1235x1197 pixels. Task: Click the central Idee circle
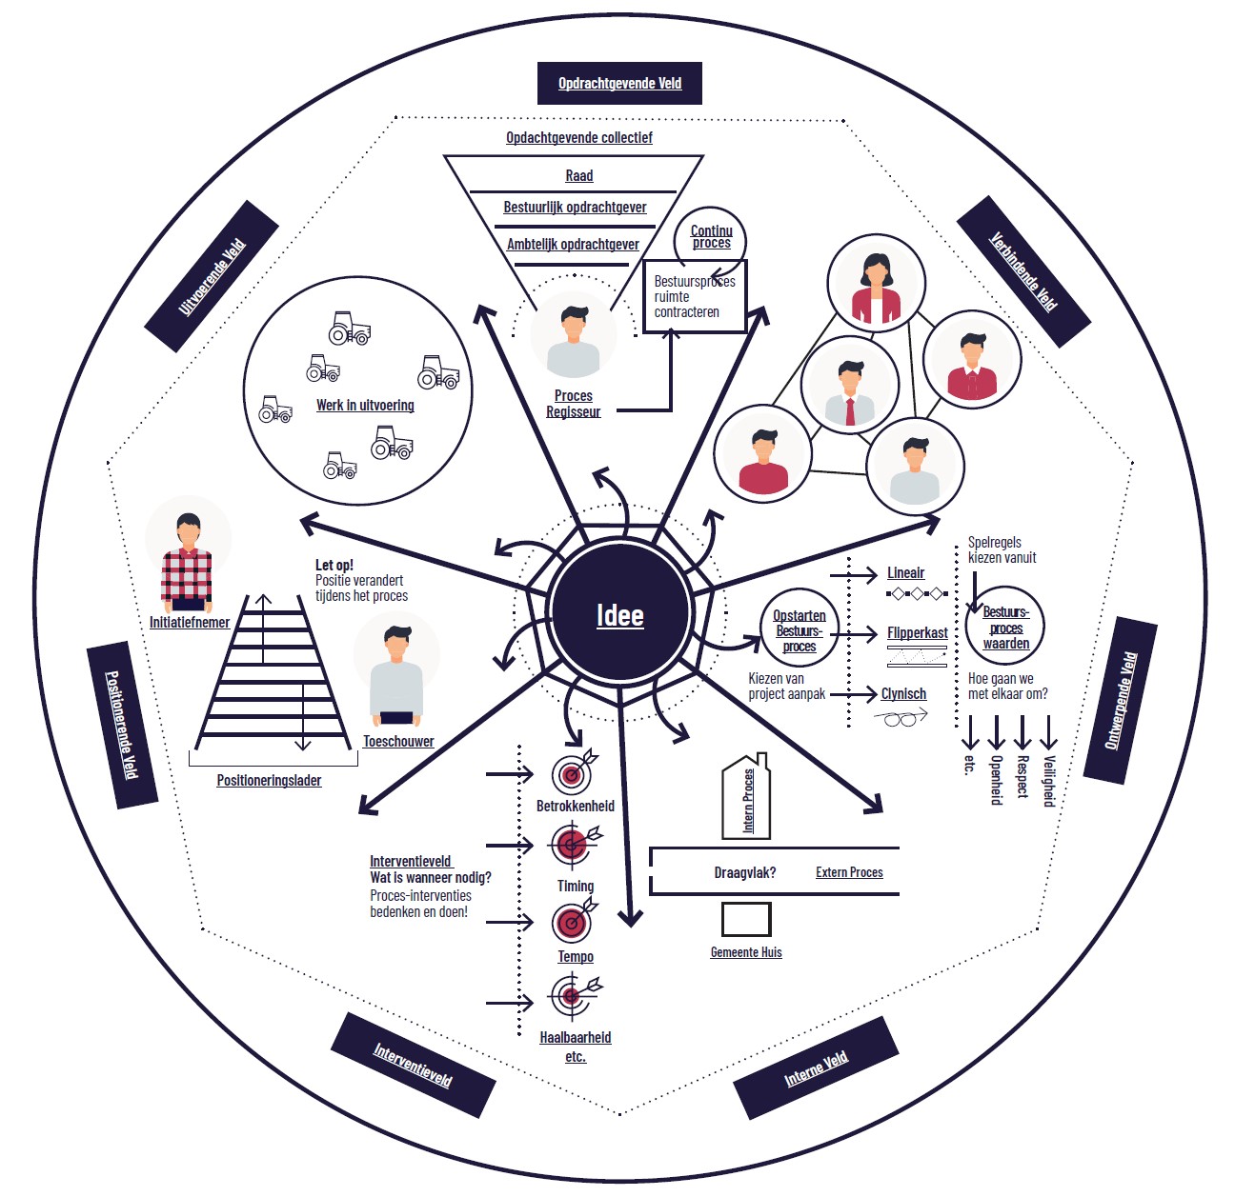[619, 614]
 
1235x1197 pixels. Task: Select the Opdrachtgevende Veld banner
[619, 84]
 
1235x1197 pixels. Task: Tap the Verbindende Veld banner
[1022, 271]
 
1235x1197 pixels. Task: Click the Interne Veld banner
[816, 1067]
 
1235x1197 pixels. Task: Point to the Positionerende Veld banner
[122, 725]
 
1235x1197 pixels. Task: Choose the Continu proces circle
[711, 238]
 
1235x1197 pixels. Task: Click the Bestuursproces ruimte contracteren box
[694, 297]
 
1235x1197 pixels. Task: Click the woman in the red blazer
[876, 284]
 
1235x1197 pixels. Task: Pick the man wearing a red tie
[850, 387]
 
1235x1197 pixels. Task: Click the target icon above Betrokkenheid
[573, 773]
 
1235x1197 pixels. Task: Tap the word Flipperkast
[917, 633]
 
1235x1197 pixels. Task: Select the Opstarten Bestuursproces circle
[799, 631]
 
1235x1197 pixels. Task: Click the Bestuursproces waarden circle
[1005, 628]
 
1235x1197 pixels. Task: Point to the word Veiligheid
[1048, 781]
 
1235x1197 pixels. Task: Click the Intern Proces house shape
[747, 798]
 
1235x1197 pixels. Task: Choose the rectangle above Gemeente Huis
[746, 920]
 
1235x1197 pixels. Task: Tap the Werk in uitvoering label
[365, 406]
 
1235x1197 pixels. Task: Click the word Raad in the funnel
[578, 176]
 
